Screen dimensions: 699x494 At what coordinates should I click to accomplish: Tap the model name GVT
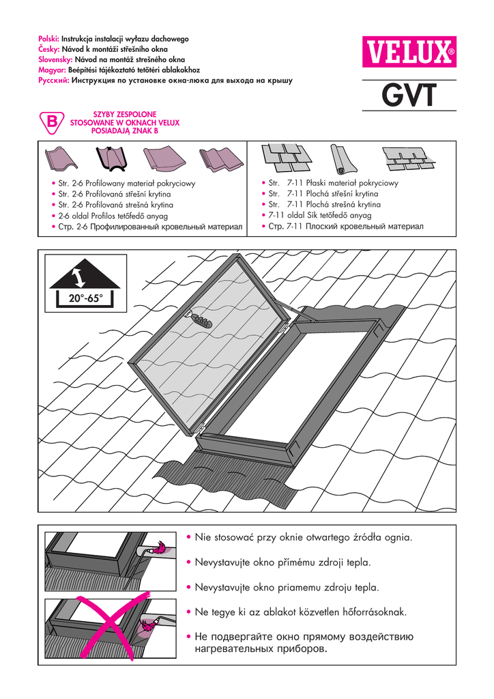(x=408, y=96)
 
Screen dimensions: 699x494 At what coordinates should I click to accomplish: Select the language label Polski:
(x=50, y=40)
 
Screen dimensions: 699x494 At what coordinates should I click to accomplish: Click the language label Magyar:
(x=52, y=70)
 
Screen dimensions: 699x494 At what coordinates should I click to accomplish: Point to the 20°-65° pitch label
(x=81, y=298)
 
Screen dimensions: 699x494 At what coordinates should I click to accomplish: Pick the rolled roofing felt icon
(x=345, y=158)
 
